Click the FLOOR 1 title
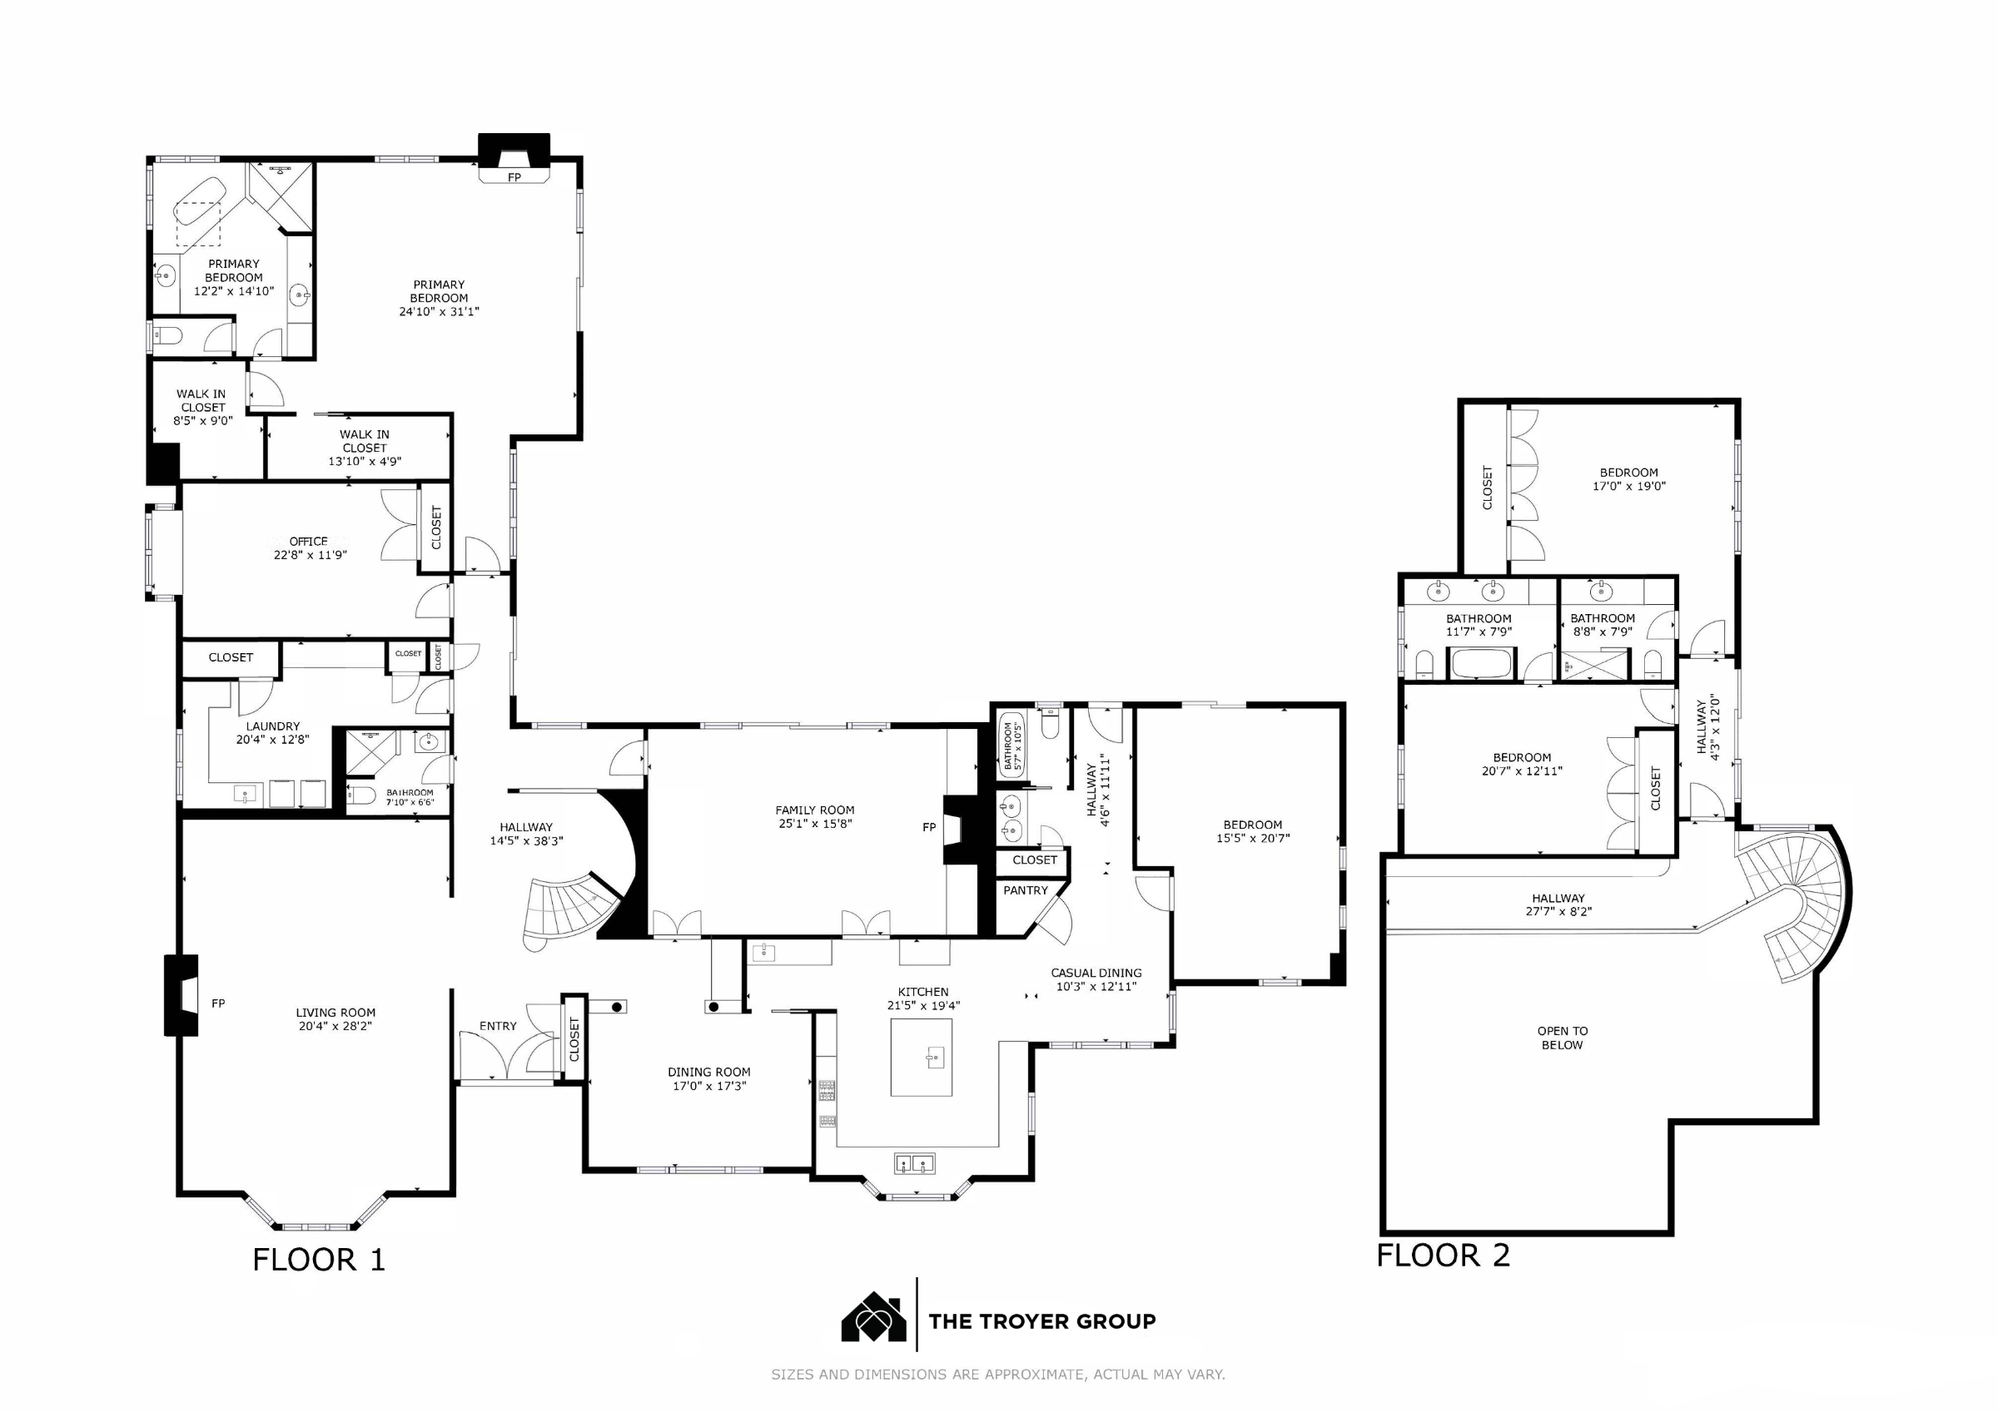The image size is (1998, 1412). point(319,1260)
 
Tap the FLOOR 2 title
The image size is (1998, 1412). point(1443,1256)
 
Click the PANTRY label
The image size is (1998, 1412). point(1026,890)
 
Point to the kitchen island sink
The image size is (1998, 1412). point(934,1058)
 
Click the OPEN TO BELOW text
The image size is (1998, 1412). point(1562,1038)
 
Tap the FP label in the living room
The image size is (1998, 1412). point(218,1003)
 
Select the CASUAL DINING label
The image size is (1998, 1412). point(1096,973)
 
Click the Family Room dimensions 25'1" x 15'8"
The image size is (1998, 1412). point(815,823)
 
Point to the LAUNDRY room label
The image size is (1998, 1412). point(272,726)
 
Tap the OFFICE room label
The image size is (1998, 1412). point(309,541)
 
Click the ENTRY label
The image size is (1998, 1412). point(498,1026)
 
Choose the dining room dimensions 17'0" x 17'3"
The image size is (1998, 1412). point(709,1086)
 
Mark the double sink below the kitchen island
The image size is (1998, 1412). point(914,1163)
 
